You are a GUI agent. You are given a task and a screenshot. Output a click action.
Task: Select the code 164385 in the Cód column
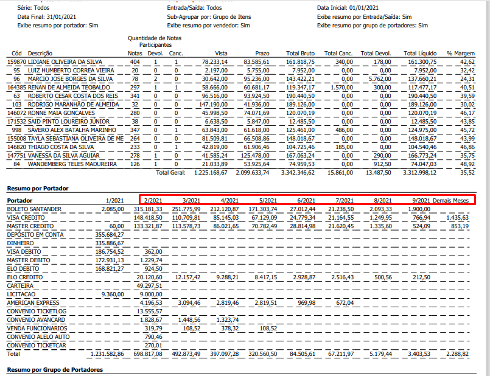(16, 88)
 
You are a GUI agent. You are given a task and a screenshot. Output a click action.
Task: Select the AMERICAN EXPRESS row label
(33, 302)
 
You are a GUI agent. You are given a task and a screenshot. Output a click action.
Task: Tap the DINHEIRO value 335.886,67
(110, 243)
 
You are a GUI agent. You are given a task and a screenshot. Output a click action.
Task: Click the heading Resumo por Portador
(37, 189)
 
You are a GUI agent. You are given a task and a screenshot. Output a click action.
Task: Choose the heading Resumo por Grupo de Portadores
(54, 370)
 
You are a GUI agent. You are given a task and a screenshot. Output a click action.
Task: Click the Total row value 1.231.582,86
(107, 353)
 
